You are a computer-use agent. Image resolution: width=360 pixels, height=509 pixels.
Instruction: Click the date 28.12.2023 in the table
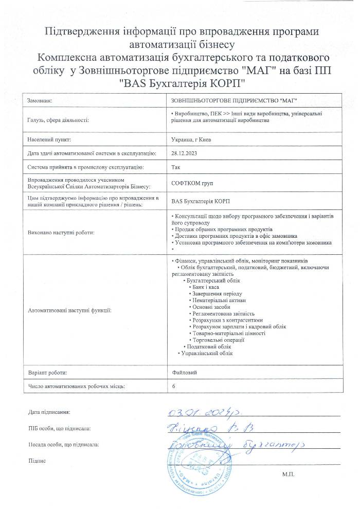point(183,153)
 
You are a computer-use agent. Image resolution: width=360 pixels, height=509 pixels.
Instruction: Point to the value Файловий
point(182,372)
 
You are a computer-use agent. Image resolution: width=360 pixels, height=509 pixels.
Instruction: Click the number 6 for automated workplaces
point(173,385)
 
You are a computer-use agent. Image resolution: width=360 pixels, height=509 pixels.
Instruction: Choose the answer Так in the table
point(175,167)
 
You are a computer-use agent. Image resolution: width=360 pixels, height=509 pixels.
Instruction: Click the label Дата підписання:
point(49,412)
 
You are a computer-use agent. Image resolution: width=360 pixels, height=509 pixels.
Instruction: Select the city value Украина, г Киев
point(190,139)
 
